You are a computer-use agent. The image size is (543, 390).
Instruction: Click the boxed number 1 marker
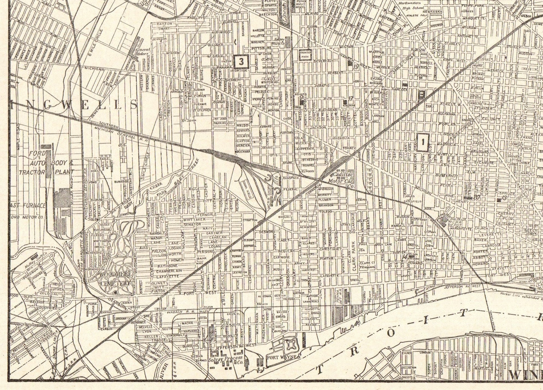pos(423,142)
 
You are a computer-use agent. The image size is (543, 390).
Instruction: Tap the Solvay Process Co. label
pos(229,360)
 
